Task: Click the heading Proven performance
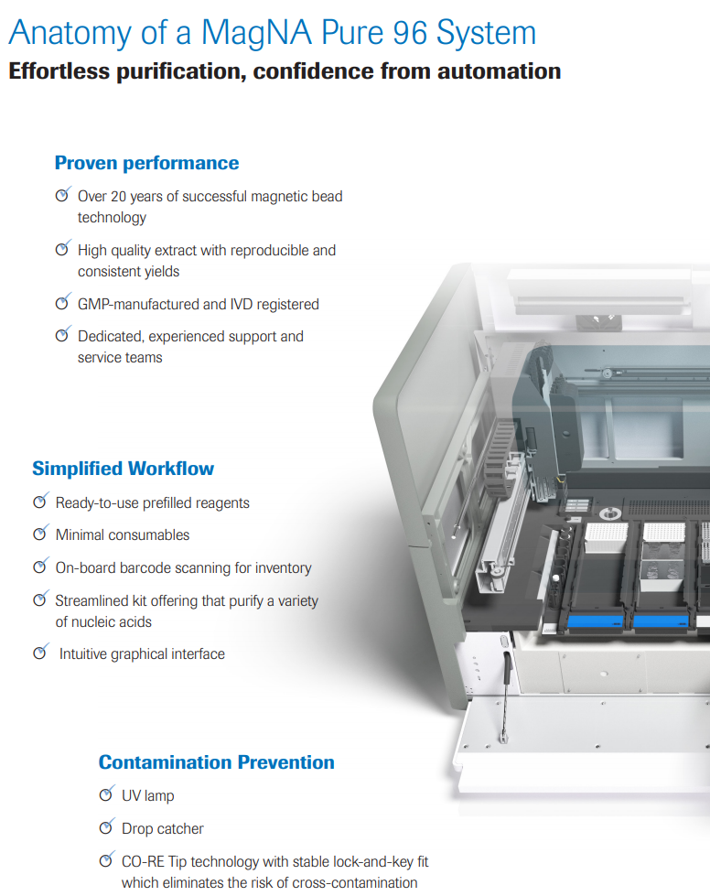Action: (146, 163)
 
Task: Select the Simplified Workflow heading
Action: (123, 469)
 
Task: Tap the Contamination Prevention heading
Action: (216, 762)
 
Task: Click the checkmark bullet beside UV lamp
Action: (107, 794)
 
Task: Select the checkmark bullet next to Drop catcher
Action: (107, 827)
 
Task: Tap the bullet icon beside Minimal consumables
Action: (40, 534)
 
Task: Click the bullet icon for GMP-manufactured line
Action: (62, 303)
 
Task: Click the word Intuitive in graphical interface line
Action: (88, 653)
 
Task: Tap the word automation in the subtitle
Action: (499, 70)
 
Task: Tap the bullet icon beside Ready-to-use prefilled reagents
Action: (40, 502)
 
